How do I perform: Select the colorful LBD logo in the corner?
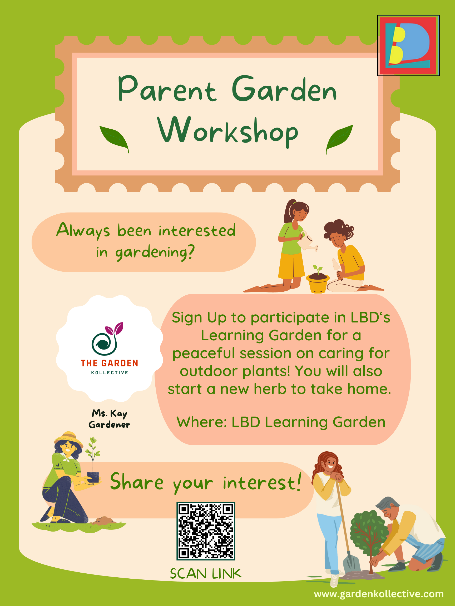[x=408, y=45]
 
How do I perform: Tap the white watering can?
[x=307, y=242]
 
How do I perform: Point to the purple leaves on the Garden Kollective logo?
[x=115, y=328]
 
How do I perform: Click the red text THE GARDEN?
[x=110, y=363]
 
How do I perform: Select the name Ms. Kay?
[x=110, y=413]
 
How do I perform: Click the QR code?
[x=206, y=531]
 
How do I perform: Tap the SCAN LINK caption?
[x=206, y=573]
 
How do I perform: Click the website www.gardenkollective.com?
[x=379, y=594]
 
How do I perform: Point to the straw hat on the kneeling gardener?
[x=68, y=439]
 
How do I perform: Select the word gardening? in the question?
[x=155, y=252]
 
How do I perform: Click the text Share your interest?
[x=206, y=482]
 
